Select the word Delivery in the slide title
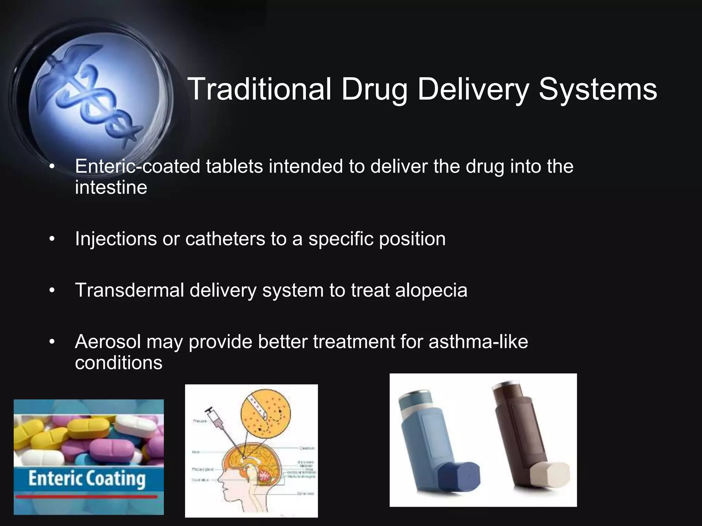(473, 90)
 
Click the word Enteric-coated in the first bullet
(137, 166)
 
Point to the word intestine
(111, 187)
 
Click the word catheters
(225, 239)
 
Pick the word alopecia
(431, 290)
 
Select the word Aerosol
(108, 342)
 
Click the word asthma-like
(478, 342)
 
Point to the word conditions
(119, 363)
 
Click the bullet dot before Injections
(52, 239)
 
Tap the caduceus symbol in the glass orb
(93, 99)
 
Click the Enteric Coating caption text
(87, 478)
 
